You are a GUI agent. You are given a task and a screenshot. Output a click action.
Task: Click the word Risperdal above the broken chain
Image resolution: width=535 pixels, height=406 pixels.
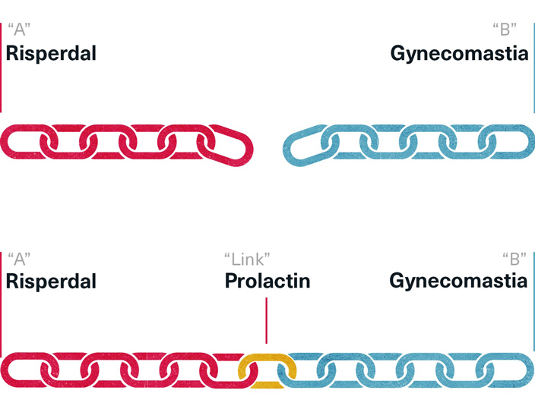coord(51,54)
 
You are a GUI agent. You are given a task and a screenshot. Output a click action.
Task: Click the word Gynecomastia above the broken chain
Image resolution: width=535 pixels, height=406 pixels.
coord(459,54)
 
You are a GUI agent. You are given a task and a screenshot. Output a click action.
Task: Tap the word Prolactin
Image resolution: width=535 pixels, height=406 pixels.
coord(267,282)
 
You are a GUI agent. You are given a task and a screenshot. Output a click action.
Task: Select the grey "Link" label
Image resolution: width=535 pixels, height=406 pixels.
coord(248,259)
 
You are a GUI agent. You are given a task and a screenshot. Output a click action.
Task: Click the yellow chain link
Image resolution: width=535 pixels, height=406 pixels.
coord(265,370)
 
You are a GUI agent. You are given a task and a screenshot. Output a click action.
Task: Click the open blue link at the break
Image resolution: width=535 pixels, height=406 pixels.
coord(303,143)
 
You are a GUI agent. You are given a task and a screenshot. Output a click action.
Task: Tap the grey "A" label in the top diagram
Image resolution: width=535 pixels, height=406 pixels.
coord(19,31)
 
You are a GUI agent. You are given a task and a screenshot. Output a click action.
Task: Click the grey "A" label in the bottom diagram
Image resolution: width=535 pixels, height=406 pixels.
coord(19,259)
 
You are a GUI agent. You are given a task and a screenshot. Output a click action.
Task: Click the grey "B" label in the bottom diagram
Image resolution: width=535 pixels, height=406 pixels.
coord(514,259)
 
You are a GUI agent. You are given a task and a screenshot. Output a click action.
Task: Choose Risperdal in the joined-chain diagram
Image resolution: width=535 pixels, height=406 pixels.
coord(51,282)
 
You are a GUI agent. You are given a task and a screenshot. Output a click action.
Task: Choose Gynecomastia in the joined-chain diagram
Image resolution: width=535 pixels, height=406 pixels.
coord(458,282)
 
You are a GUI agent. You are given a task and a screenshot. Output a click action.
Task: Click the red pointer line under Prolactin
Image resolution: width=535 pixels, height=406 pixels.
coord(266,320)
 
